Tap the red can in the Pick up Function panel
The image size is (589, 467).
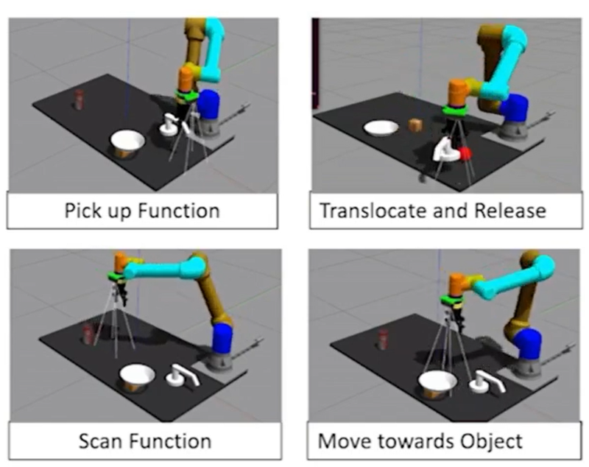coord(79,99)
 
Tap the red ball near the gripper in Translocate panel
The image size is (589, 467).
coord(465,153)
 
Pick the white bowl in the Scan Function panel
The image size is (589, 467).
coord(138,376)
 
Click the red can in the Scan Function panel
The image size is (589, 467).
coord(89,334)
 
